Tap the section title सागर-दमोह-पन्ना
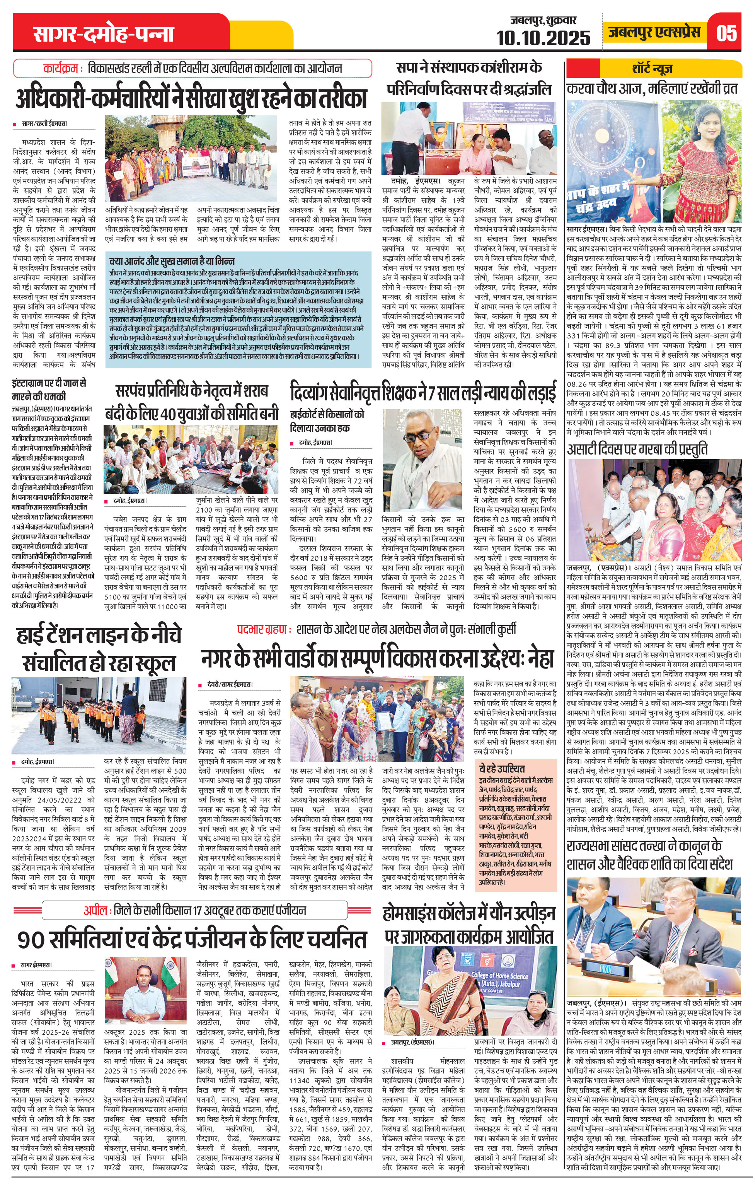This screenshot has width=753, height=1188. click(104, 34)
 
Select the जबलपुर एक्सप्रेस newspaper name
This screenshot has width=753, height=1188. click(654, 32)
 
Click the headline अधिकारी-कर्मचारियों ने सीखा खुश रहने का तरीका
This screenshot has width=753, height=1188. click(191, 98)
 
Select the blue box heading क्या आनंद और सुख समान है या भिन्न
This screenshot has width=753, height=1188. click(172, 260)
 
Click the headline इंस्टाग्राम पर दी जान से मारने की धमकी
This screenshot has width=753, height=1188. click(49, 390)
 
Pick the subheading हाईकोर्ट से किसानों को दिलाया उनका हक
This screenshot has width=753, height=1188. click(327, 421)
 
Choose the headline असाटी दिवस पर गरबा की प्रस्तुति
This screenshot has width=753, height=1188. click(637, 449)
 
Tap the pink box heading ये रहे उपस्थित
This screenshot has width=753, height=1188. click(501, 768)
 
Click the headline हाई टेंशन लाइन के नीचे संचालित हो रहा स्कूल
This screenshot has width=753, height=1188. click(99, 648)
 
